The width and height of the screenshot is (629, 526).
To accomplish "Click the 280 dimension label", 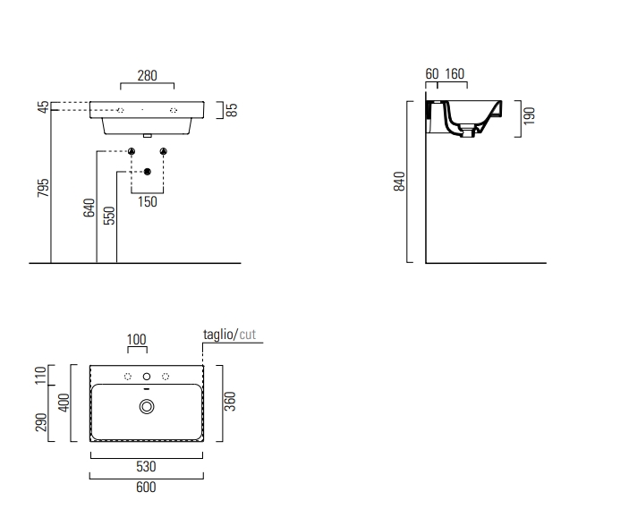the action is coord(148,75).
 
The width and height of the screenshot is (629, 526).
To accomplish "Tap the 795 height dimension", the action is coord(43,188).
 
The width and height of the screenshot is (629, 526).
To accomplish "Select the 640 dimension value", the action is coord(89,208).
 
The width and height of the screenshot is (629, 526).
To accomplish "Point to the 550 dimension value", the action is coord(109,216).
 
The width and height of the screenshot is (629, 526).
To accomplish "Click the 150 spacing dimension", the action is coord(148,202).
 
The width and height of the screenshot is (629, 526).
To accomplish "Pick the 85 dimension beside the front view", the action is coord(232,110).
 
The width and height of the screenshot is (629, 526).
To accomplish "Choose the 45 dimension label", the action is coord(43,106).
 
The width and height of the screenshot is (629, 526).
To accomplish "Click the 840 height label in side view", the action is coord(400,182).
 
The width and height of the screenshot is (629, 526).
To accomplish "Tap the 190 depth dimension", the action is coord(529,116).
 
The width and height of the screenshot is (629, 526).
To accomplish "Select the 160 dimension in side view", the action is coord(455,74).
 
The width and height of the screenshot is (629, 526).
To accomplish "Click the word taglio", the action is coord(218,335).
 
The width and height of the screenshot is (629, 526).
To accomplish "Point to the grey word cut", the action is coord(248,335).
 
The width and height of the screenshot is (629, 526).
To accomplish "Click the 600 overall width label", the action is coord(146,487).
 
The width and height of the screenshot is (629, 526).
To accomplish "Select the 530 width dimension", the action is coord(146,467).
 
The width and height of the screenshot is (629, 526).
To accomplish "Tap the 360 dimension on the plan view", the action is coord(230,402).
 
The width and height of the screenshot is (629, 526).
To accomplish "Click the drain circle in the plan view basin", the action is coord(147,407).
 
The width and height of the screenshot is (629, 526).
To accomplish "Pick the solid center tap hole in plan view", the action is coord(147,377).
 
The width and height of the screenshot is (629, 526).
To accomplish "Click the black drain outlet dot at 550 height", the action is coord(148,172).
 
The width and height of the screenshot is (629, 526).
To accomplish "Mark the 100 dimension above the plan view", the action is coord(137,339).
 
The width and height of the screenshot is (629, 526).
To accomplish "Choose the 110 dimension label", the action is coord(41,375).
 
